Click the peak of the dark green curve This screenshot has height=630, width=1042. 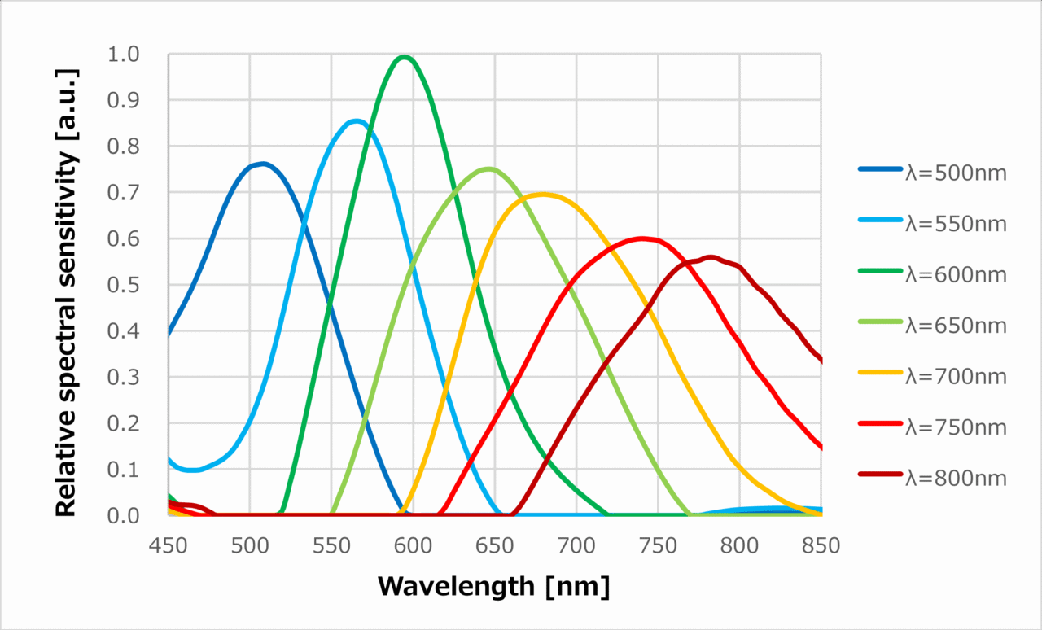click(404, 57)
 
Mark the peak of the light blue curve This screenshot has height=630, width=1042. click(355, 122)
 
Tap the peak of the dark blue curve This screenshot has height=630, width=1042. click(261, 164)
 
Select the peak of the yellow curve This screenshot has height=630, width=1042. click(543, 194)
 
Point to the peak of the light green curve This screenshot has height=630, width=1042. click(488, 169)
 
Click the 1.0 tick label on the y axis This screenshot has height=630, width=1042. click(123, 55)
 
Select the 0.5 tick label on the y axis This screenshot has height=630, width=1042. click(123, 285)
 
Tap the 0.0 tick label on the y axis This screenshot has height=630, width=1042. click(123, 515)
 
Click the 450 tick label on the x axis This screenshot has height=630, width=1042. click(168, 546)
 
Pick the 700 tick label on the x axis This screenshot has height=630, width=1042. click(576, 546)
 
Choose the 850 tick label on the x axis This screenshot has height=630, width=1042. click(821, 546)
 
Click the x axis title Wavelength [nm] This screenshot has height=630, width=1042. click(493, 586)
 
